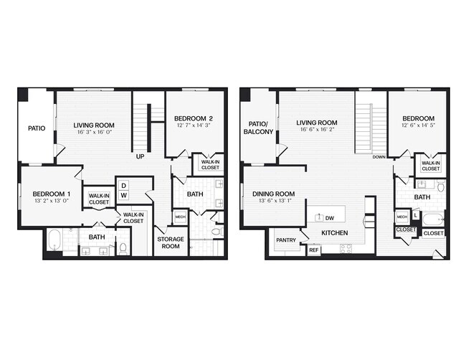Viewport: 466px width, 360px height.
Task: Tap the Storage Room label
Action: pos(171,242)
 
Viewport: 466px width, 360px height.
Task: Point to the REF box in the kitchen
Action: pos(313,250)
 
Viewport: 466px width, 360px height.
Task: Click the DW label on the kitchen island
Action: pos(329,218)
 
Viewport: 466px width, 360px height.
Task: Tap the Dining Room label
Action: pos(274,194)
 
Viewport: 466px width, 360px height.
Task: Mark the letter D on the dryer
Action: pos(123,185)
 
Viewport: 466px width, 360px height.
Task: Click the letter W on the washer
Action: pos(123,195)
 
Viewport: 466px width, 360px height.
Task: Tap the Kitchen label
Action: pos(335,234)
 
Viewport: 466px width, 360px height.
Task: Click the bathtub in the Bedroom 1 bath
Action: pos(54,240)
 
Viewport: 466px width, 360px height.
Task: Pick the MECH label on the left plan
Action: pos(180,216)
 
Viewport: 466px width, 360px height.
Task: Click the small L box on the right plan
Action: pos(415,215)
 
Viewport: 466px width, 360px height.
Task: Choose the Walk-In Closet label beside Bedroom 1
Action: pos(98,199)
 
